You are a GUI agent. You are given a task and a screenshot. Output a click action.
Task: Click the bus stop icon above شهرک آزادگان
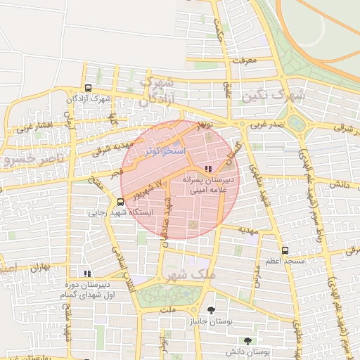tap(88, 89)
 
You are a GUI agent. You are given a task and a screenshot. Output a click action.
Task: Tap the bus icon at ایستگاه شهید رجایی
tap(101, 202)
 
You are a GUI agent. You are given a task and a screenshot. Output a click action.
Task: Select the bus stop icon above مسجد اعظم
tap(284, 250)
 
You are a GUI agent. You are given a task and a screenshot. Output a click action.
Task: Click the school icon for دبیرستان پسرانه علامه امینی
tap(207, 169)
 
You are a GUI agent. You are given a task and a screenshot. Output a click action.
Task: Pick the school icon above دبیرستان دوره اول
tap(87, 274)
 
